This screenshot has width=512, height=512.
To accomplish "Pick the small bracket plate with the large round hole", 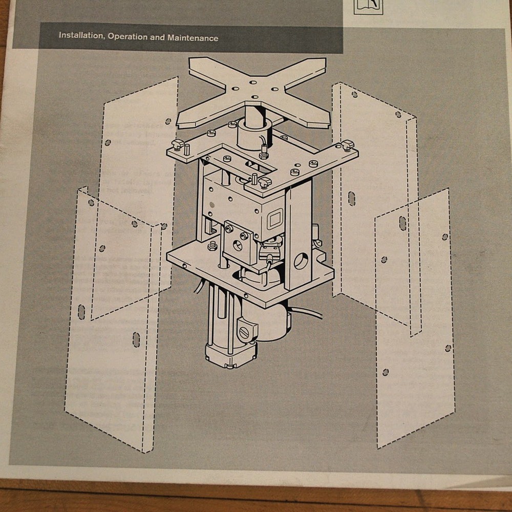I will (238, 245).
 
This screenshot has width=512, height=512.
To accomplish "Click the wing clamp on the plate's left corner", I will (179, 145).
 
